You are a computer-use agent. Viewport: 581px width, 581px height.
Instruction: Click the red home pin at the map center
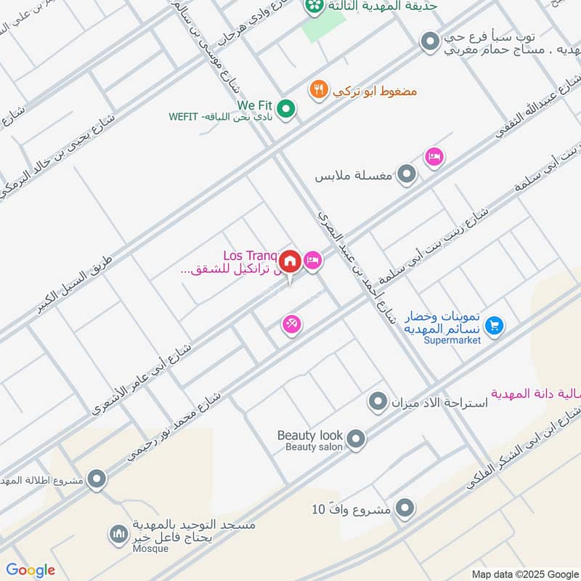[290, 261]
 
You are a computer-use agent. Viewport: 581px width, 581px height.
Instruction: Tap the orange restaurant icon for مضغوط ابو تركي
[318, 90]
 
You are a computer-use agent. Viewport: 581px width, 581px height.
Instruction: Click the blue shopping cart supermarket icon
[495, 326]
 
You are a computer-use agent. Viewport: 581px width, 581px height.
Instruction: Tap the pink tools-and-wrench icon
[292, 325]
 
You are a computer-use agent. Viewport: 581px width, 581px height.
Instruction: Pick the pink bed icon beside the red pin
[312, 260]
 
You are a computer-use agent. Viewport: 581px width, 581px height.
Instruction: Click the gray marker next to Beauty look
[356, 439]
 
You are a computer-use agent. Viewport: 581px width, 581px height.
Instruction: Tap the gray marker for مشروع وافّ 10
[405, 508]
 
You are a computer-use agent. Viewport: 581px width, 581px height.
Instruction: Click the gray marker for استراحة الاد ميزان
[378, 401]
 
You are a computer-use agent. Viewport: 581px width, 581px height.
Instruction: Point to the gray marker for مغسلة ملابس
[408, 174]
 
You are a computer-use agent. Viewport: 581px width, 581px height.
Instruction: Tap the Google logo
[31, 570]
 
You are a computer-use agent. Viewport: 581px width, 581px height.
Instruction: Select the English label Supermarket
[454, 341]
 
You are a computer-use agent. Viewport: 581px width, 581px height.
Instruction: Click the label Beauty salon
[314, 447]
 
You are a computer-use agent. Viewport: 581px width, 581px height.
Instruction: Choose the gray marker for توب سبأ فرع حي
[431, 41]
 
